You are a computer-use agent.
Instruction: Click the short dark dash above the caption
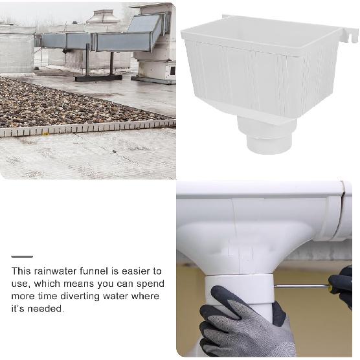(22, 257)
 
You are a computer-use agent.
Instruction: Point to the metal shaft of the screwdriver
(301, 286)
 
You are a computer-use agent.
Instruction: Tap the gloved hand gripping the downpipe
(240, 324)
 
